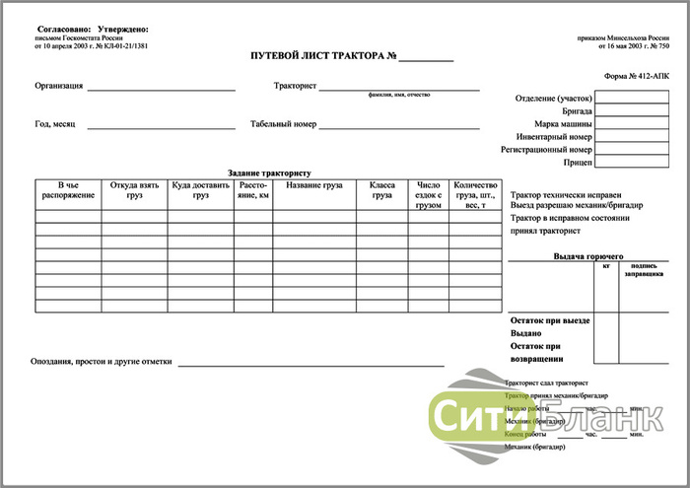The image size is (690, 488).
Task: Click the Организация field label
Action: pos(58,87)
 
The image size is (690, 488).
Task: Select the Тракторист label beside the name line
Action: pos(295,87)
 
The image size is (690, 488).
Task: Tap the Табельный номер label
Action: pos(283,125)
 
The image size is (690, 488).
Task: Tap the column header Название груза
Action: pos(314,185)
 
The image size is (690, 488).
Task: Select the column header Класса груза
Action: pos(381,190)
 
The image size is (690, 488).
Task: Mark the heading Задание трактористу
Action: pos(269,173)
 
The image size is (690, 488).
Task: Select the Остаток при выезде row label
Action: pos(551,320)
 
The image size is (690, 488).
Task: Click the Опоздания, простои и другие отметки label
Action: pos(102,362)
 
